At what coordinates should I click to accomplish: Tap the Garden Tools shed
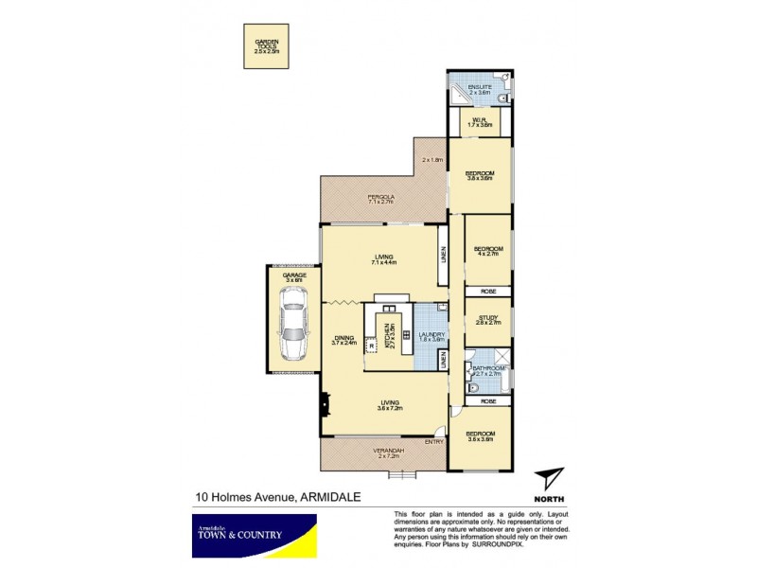click(266, 46)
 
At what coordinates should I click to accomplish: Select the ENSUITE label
click(481, 88)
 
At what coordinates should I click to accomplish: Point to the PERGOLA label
click(380, 199)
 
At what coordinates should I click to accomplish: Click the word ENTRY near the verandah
click(434, 441)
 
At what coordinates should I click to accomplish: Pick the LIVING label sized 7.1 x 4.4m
click(384, 257)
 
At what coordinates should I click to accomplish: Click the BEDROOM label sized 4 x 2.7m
click(488, 250)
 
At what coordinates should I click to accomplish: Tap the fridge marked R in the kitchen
click(371, 344)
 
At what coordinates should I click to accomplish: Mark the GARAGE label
click(294, 276)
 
